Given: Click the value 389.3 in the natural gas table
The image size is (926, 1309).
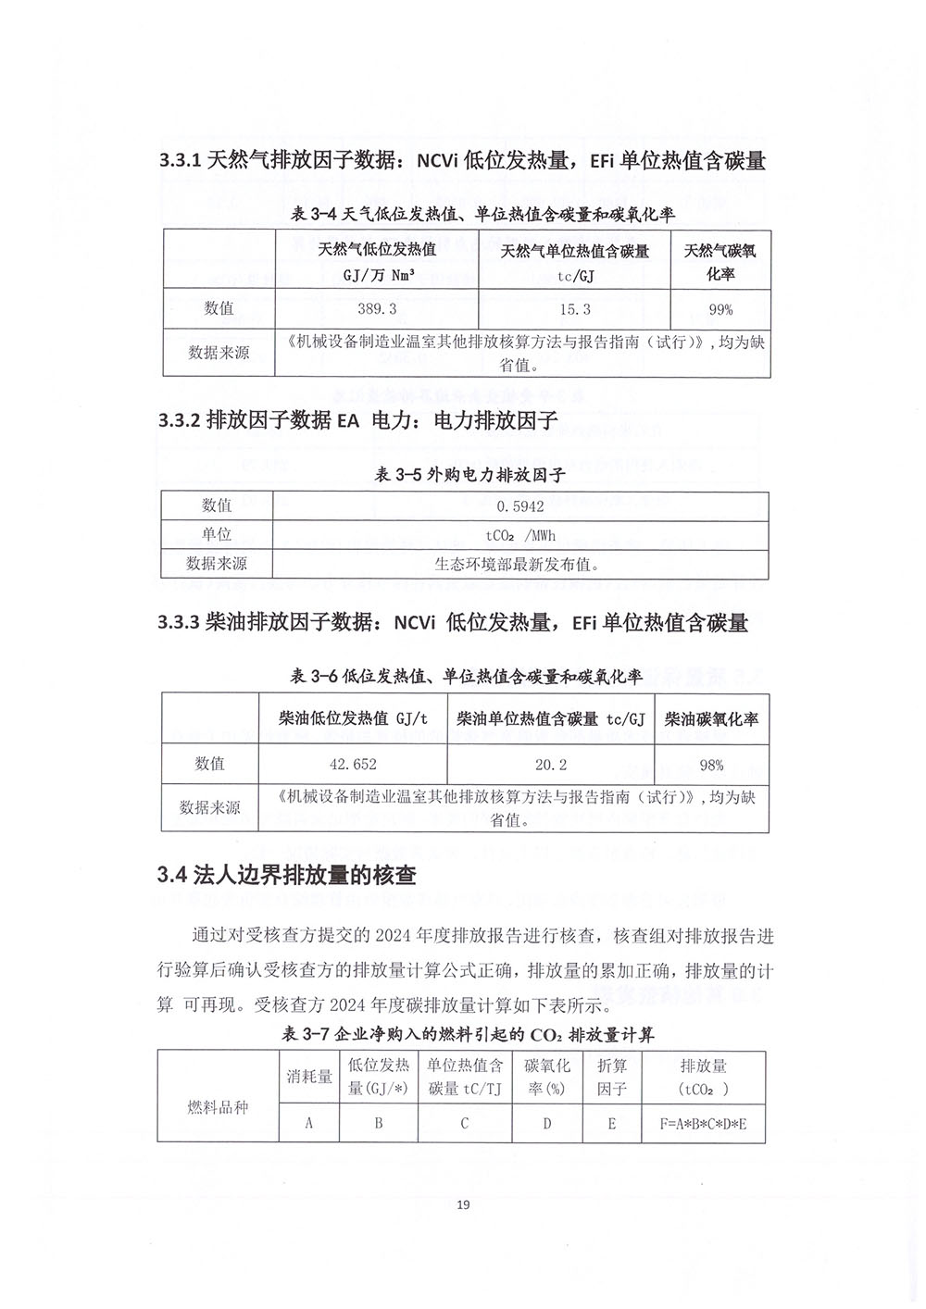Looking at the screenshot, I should point(377,309).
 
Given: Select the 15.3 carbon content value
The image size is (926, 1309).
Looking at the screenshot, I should point(574,309).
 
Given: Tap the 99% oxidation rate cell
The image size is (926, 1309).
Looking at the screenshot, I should point(720,309).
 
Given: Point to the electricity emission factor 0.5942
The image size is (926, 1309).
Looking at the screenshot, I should point(520,506).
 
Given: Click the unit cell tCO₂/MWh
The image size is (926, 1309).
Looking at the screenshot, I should point(520,535).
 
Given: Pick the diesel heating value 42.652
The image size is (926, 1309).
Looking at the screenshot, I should point(353,765).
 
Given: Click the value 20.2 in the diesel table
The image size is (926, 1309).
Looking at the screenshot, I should point(550,765).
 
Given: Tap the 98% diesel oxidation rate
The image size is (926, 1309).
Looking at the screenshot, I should point(711,765).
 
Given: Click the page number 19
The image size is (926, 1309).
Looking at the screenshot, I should point(464,1204).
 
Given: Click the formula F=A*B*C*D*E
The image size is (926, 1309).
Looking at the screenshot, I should point(703,1123).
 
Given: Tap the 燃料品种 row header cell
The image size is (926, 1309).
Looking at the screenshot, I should point(218,1107).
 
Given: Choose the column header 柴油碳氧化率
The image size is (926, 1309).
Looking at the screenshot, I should point(711,719).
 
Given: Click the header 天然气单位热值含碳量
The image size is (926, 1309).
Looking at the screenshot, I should point(574,252).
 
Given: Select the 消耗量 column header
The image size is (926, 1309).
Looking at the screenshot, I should point(309,1077).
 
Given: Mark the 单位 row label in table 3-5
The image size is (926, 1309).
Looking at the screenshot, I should point(217,535).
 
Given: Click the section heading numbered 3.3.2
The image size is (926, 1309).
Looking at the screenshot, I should point(357,421).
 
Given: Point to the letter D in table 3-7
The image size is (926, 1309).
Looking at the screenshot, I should point(547,1123).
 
